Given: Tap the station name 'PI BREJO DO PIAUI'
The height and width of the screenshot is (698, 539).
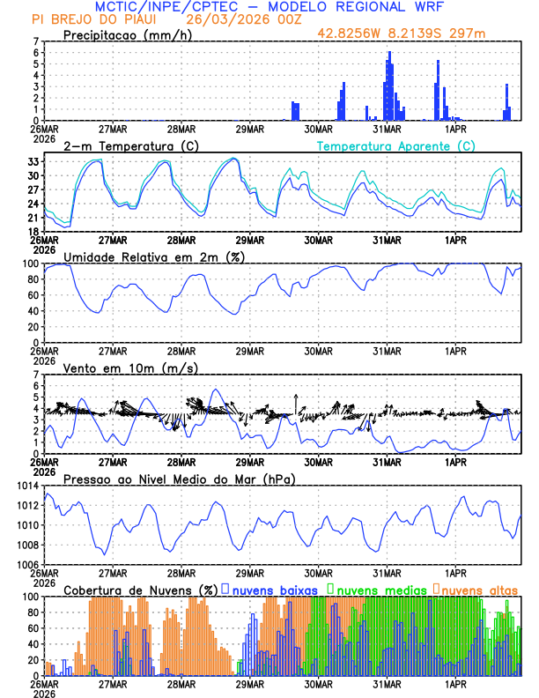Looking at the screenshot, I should pyautogui.click(x=89, y=19).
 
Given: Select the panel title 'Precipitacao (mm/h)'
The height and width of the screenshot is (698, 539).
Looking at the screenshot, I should pyautogui.click(x=128, y=34).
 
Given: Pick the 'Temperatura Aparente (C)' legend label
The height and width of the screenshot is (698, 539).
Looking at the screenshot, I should pyautogui.click(x=396, y=145).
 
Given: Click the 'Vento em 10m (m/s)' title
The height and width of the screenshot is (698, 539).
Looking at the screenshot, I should pyautogui.click(x=130, y=368).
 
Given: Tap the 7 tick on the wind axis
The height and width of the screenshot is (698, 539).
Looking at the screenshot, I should pyautogui.click(x=36, y=375).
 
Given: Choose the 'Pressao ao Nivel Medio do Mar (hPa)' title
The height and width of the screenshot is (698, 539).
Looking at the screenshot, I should pyautogui.click(x=180, y=479).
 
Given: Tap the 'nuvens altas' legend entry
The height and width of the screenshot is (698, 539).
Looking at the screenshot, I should pyautogui.click(x=480, y=589).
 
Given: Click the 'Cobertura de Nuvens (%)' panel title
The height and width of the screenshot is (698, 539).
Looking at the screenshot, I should pyautogui.click(x=141, y=589).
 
